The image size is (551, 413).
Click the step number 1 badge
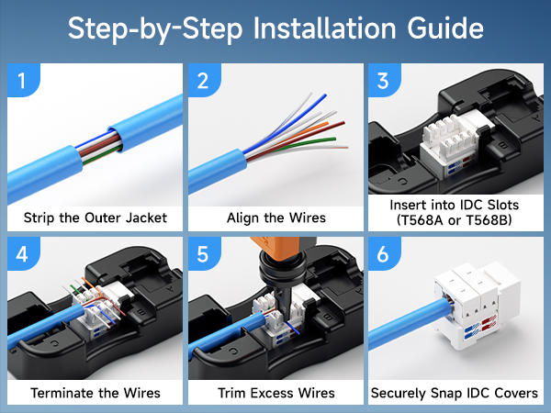click(25, 83)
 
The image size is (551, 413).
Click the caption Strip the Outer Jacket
click(95, 218)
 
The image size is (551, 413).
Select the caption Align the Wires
click(275, 218)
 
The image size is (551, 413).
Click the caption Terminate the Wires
click(95, 393)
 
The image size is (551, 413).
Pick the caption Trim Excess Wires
click(275, 393)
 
